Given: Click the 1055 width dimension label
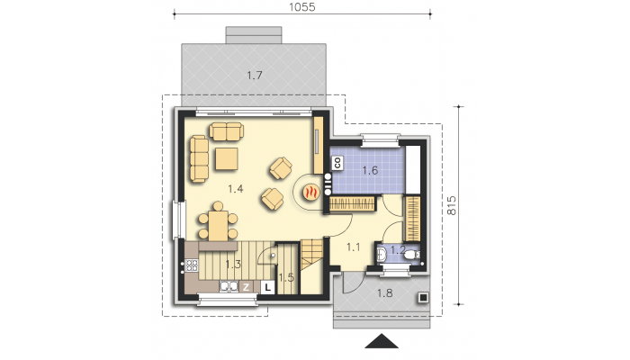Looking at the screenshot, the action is [x=302, y=7].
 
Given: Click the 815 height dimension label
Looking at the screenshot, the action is [x=451, y=205].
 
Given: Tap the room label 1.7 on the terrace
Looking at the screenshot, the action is [x=255, y=75].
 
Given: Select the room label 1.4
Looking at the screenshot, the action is [x=236, y=188].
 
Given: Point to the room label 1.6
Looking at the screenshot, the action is [x=370, y=170].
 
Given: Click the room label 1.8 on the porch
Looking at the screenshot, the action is [x=385, y=293].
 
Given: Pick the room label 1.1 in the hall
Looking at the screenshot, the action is [x=354, y=247].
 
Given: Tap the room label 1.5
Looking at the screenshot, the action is [x=286, y=277].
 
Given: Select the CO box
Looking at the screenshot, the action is [x=337, y=163].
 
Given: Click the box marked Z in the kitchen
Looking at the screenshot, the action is [x=246, y=287].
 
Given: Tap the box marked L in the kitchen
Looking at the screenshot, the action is [x=267, y=287].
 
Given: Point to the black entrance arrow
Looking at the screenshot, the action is [x=382, y=341].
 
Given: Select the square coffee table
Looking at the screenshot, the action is [x=227, y=158].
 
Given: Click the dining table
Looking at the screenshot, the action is [x=218, y=225].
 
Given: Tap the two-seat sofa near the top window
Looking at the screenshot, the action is [x=226, y=131].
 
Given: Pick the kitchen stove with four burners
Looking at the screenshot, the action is [x=192, y=265].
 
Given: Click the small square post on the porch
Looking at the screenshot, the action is [x=423, y=297].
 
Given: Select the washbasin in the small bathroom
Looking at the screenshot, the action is [x=382, y=254].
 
